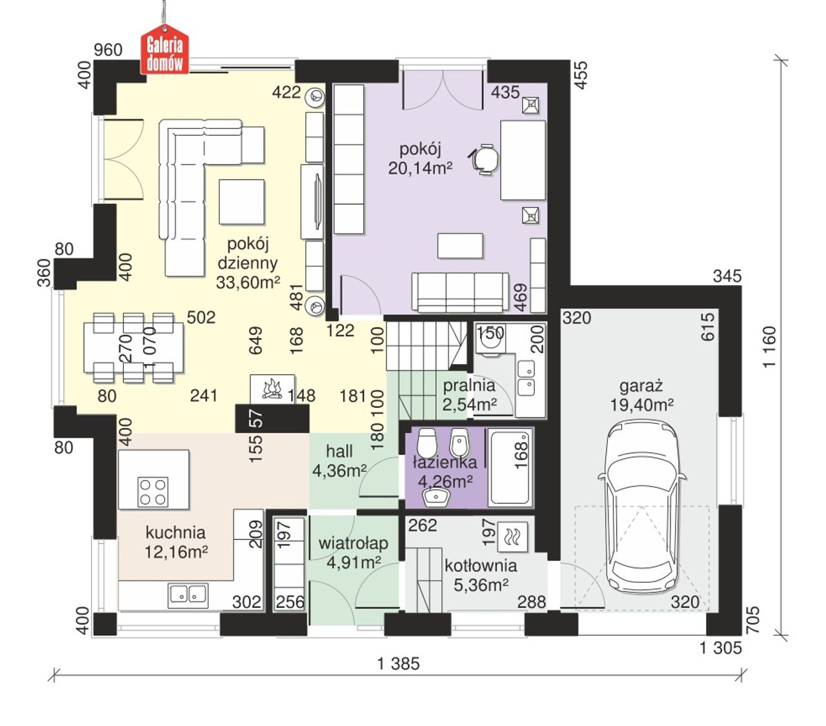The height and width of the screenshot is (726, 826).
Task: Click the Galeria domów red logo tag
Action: [165, 50]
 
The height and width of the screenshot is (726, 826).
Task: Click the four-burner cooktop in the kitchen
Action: [153, 491]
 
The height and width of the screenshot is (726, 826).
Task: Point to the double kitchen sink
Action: [188, 595]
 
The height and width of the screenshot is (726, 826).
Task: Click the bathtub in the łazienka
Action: [510, 468]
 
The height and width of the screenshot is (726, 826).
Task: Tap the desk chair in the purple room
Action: [484, 159]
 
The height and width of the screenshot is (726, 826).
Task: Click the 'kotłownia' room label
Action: [481, 565]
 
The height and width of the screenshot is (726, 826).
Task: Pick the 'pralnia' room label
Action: [469, 385]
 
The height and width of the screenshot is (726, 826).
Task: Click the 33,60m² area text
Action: [248, 282]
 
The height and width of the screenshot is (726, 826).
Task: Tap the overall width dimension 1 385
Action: [398, 664]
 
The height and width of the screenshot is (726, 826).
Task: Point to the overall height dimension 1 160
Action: [769, 347]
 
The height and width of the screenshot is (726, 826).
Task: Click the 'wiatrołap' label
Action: [353, 543]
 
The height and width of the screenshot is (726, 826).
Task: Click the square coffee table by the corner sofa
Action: [242, 202]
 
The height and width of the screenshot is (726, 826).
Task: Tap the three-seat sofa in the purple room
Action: [460, 293]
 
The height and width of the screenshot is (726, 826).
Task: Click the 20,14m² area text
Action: [420, 168]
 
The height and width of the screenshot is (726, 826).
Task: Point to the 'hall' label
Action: [339, 451]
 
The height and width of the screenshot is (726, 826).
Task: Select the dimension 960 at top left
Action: [108, 50]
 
